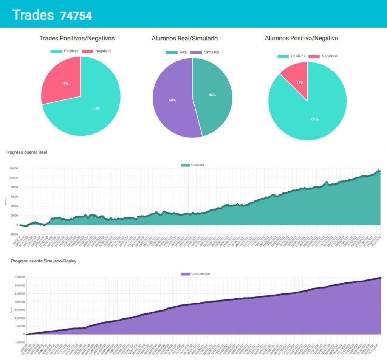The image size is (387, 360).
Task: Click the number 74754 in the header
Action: [76, 16]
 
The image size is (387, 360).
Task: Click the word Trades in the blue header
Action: [33, 15]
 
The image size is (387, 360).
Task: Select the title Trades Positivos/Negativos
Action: [77, 38]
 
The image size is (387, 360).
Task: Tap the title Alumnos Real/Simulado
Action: [184, 38]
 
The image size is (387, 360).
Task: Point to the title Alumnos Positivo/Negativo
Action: [302, 38]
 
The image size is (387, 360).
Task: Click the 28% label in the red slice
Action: [66, 84]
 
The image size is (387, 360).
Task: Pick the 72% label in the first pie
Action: [96, 109]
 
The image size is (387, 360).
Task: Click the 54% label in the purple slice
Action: [172, 100]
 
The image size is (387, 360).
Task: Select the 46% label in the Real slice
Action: [212, 95]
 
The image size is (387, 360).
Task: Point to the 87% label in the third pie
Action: [315, 119]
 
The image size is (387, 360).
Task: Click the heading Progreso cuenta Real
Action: [26, 152]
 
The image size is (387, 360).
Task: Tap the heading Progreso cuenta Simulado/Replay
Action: [43, 261]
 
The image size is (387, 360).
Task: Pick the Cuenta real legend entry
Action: [193, 165]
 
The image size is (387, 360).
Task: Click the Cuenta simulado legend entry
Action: [196, 273]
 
